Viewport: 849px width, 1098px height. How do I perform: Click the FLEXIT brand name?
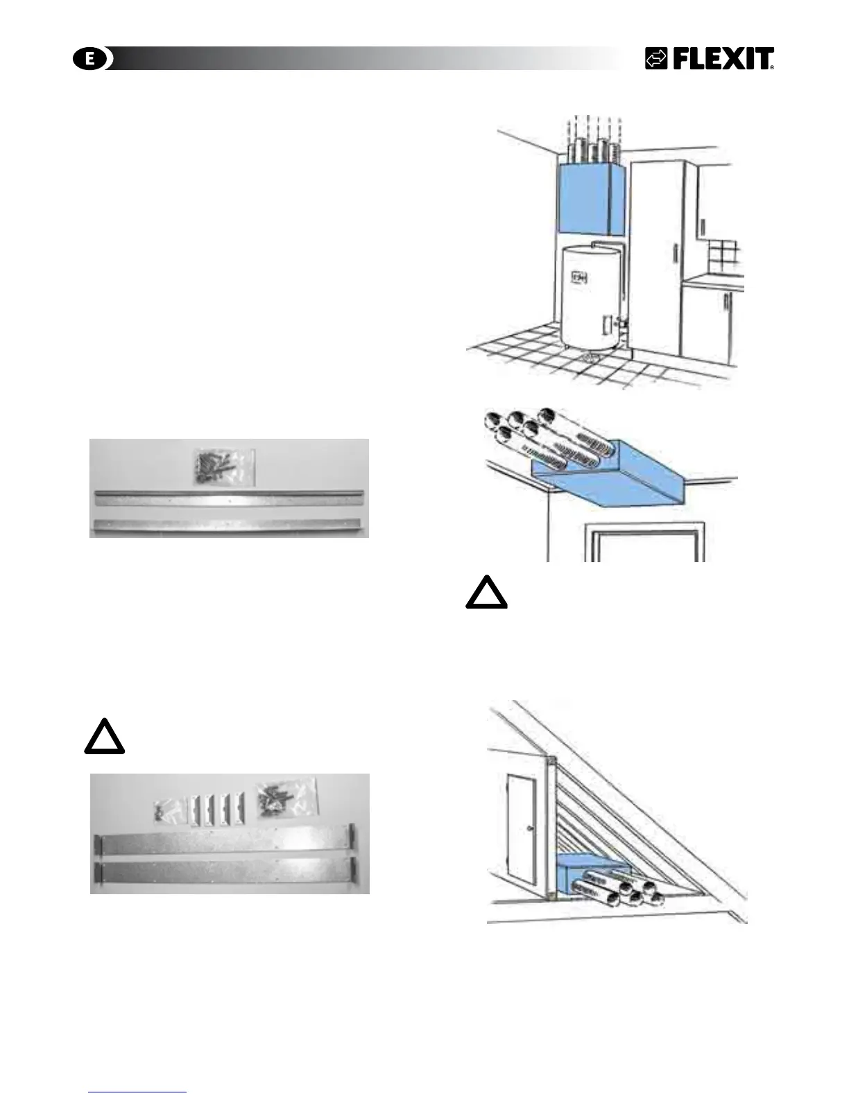click(722, 60)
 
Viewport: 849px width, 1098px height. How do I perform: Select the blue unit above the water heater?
click(592, 200)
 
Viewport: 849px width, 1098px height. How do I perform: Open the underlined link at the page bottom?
click(137, 1092)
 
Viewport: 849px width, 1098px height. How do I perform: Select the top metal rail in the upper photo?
click(228, 496)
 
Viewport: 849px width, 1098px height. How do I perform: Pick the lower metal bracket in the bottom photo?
click(228, 871)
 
